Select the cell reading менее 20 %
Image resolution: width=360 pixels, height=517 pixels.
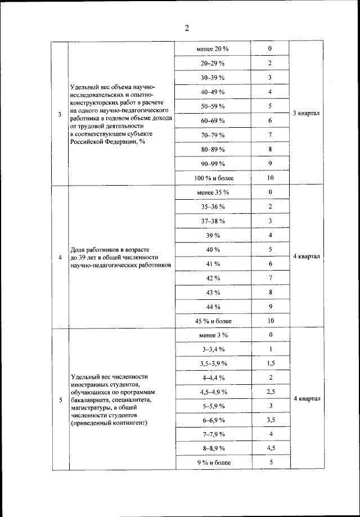point(213,49)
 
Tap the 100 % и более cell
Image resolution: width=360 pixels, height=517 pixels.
point(213,178)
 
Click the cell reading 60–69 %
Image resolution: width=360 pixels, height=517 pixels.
point(213,120)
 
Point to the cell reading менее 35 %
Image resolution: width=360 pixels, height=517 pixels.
point(213,192)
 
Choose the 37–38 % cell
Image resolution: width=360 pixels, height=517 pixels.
point(213,221)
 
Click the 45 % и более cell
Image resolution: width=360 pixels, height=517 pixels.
point(213,321)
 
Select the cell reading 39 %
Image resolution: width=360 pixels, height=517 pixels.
point(213,235)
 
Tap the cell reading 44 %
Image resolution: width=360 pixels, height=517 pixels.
point(213,307)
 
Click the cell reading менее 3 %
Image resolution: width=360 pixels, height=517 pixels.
point(213,335)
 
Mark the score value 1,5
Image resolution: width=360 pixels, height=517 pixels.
point(270,363)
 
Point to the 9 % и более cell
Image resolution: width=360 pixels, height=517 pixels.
point(213,463)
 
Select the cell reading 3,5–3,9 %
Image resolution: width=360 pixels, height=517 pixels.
point(213,363)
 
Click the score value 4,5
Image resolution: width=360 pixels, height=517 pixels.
point(270,448)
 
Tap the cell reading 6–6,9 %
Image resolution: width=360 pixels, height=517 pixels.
point(213,420)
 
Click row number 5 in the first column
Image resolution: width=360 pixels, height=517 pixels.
point(60,400)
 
